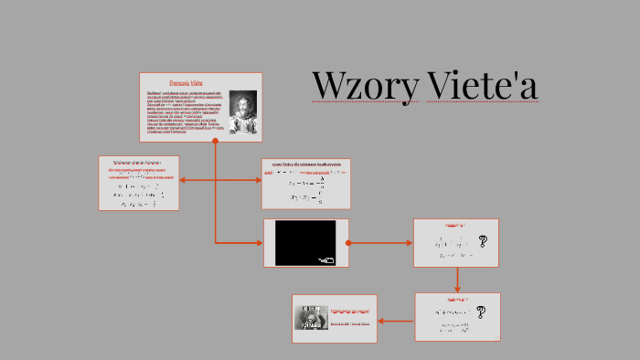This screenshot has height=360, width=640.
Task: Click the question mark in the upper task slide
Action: (x=482, y=242)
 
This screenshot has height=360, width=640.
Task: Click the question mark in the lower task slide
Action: (x=480, y=312)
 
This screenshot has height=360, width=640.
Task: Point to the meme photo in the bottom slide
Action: (x=311, y=317)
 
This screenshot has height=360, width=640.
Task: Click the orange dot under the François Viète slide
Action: (x=215, y=141)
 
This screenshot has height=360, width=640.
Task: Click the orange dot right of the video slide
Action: (x=348, y=243)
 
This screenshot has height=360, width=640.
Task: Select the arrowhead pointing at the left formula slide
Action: (x=185, y=180)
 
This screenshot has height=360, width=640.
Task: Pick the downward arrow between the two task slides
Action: (x=457, y=280)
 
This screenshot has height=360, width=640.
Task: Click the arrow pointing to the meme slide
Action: (x=396, y=321)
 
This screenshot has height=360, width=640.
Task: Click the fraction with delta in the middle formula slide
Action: (x=308, y=181)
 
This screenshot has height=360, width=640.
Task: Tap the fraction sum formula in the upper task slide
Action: (x=454, y=243)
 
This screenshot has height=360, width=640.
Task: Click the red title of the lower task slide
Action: (x=456, y=300)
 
